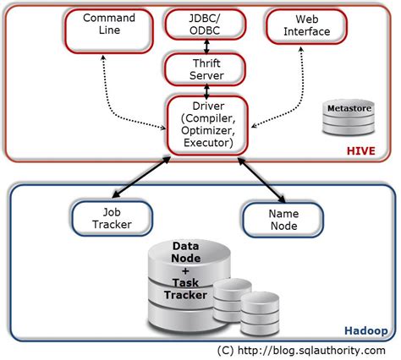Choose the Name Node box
283,218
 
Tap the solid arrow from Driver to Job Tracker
151,180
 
